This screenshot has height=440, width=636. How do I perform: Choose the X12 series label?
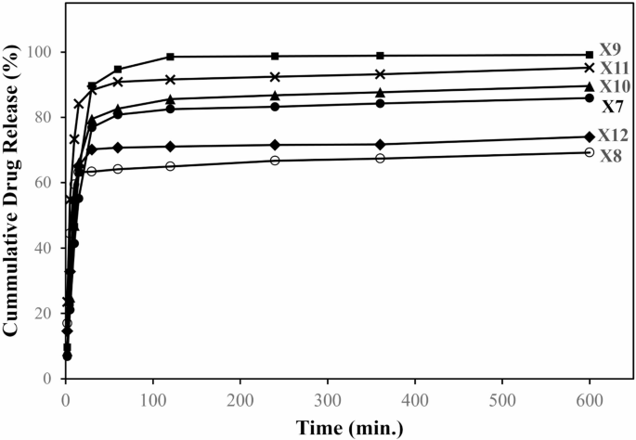[611, 136]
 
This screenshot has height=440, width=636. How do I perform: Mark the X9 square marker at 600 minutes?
[590, 55]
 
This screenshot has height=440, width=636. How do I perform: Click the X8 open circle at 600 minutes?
[590, 152]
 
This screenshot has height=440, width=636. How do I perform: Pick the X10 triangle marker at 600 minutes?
[590, 85]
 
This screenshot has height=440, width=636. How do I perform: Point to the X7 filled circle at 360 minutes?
[380, 103]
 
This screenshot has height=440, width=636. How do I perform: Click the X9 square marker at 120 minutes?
[170, 57]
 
